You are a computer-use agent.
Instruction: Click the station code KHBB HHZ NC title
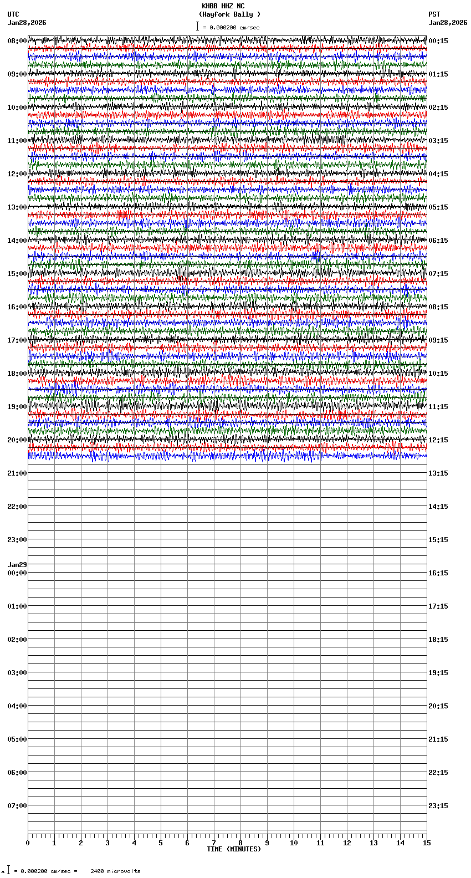tap(223, 6)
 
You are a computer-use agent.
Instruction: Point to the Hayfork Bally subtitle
tap(229, 14)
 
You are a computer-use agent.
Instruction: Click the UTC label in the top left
tap(13, 14)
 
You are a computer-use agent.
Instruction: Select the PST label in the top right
tap(434, 14)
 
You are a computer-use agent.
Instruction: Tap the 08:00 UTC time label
tap(17, 41)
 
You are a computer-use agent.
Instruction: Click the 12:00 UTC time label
tap(17, 174)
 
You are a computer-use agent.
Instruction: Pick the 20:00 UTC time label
tap(17, 440)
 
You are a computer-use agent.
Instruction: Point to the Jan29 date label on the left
tap(17, 565)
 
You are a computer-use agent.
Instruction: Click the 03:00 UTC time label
tap(17, 673)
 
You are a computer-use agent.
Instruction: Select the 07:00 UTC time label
tap(17, 806)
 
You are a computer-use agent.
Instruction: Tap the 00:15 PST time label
tap(438, 41)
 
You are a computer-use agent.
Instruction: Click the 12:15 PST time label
tap(438, 440)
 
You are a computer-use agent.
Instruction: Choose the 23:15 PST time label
tap(438, 806)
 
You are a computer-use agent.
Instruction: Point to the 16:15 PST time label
tap(438, 573)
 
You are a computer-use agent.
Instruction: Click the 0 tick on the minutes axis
tap(28, 843)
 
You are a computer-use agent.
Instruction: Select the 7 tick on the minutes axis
tap(214, 843)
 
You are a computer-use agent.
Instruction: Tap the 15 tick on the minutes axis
tap(426, 843)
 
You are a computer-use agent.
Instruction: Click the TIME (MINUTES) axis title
tap(233, 849)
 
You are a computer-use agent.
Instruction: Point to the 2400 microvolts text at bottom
tap(115, 871)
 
